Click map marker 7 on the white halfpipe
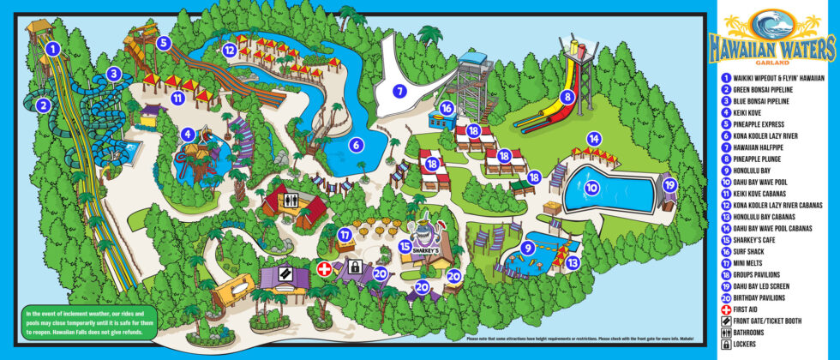399,90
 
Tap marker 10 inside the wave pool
592,187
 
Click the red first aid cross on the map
325,269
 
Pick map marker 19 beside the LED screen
669,183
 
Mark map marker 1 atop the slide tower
52,49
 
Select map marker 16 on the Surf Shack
447,109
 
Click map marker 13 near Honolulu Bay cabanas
572,262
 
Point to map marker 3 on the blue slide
113,74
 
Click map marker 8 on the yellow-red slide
567,97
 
